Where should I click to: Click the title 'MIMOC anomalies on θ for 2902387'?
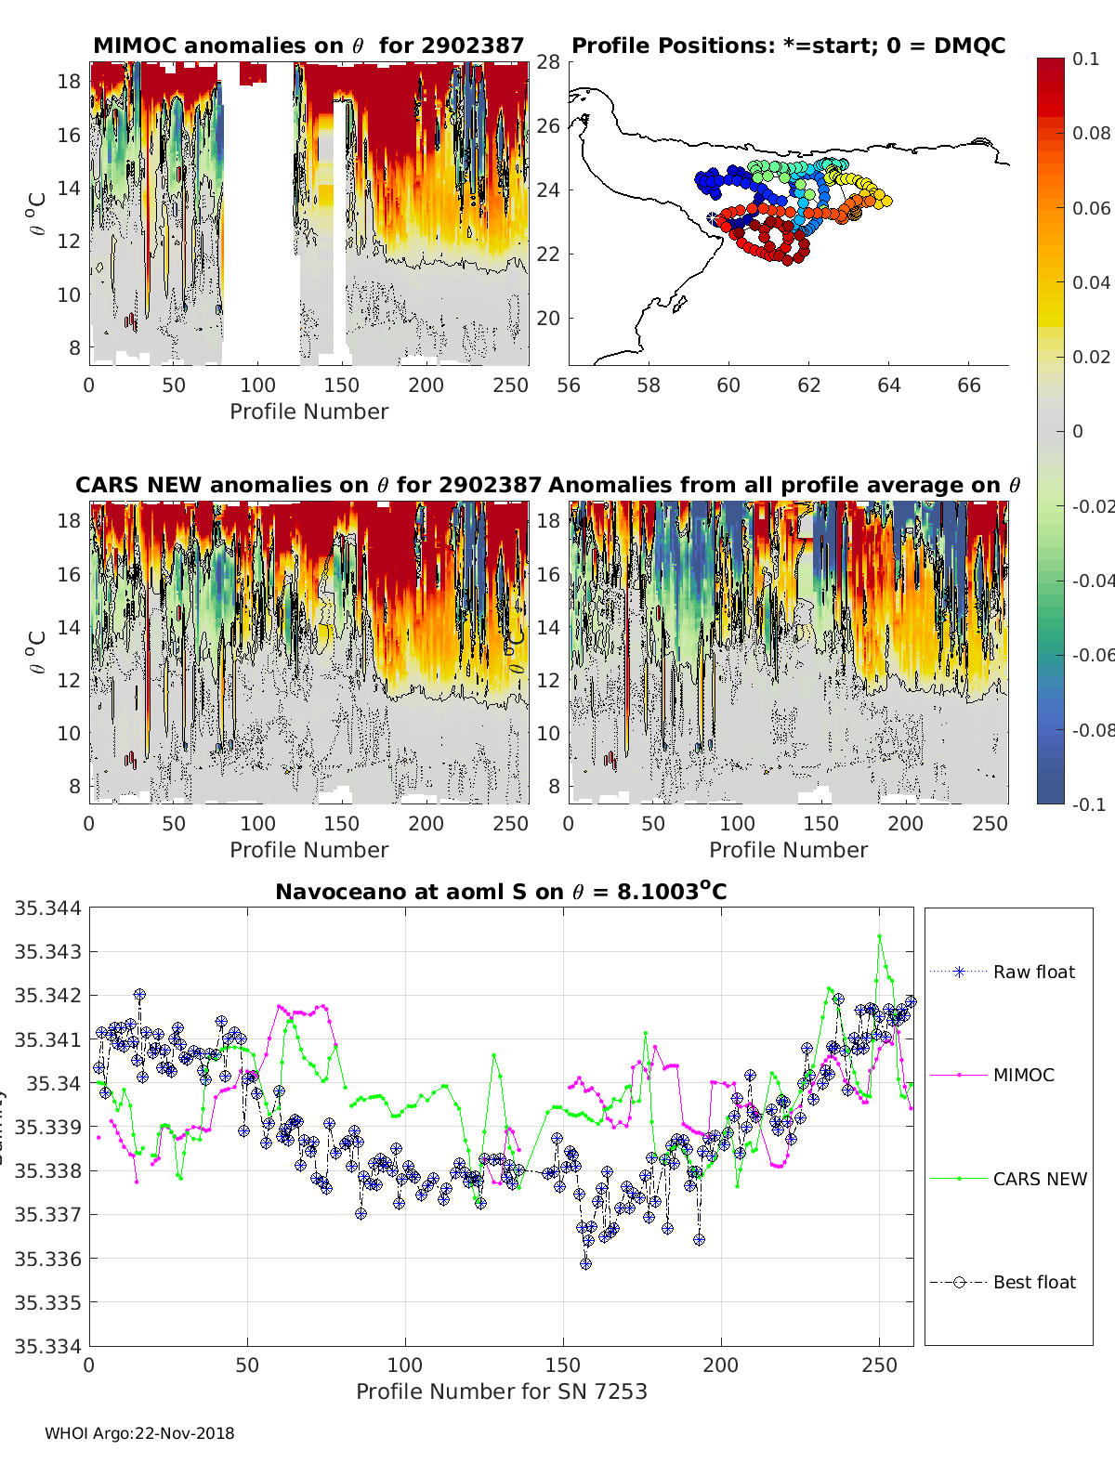(x=308, y=46)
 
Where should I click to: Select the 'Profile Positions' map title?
(x=788, y=46)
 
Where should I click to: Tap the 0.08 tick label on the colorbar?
(x=1091, y=133)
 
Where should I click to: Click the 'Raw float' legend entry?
(x=1033, y=972)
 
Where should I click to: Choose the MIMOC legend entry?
(x=1023, y=1075)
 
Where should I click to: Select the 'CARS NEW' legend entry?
(x=1039, y=1179)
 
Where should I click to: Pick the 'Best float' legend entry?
(x=1033, y=1282)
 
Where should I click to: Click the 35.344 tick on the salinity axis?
(x=47, y=908)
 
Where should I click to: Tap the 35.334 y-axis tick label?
(x=47, y=1346)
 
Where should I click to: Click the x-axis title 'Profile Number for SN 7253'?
(x=501, y=1391)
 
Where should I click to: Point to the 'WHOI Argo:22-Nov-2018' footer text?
(x=139, y=1433)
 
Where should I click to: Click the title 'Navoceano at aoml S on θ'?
(x=501, y=892)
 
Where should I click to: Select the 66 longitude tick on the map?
(x=968, y=385)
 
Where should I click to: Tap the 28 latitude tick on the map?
(x=548, y=62)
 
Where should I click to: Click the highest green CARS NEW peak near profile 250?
(x=879, y=936)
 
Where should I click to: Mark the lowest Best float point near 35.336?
(x=585, y=1263)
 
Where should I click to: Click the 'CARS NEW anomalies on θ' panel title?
(x=308, y=485)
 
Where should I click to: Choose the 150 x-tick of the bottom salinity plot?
(x=562, y=1365)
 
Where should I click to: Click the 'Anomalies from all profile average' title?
(x=784, y=485)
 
